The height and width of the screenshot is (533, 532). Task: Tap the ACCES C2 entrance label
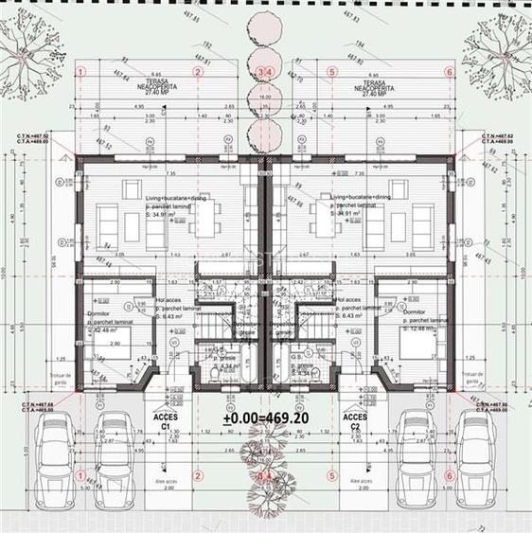coord(355,420)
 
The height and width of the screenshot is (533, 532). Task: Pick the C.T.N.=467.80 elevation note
coord(497,404)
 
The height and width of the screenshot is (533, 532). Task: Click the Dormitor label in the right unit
coord(415,311)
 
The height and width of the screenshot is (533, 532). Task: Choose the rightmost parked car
coord(475,459)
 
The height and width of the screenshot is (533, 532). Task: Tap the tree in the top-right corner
coord(492,45)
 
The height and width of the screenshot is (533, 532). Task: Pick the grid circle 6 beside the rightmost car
coord(449,475)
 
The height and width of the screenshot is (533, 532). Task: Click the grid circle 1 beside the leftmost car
coord(81,475)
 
